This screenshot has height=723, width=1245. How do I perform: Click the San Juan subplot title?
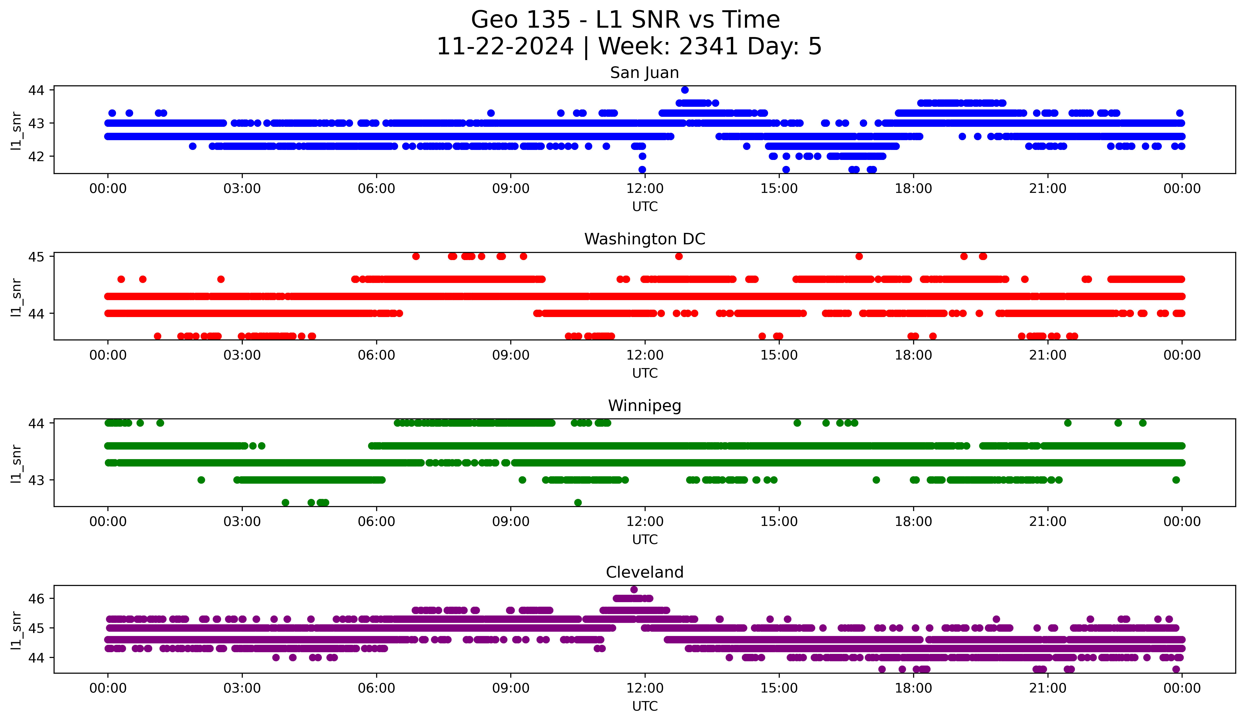[x=644, y=73]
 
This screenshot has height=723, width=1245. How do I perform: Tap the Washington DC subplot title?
[x=644, y=239]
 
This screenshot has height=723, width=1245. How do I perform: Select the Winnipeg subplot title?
[x=644, y=406]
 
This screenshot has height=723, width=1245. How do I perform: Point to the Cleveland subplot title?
[x=644, y=572]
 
